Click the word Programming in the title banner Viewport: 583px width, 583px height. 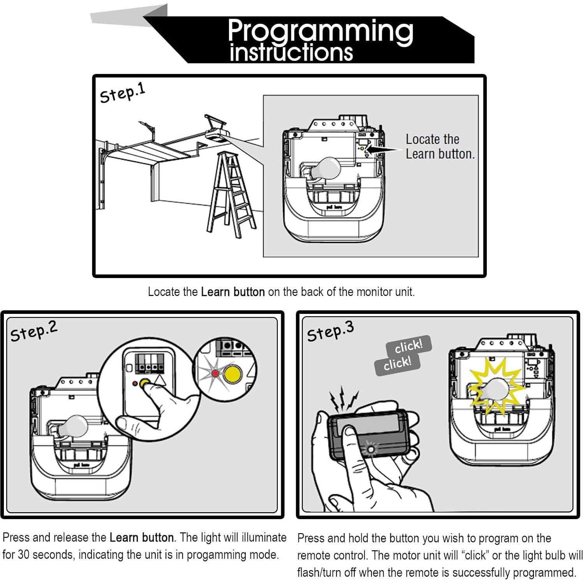point(320,31)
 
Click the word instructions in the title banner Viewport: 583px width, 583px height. point(291,53)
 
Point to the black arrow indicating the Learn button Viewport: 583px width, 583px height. point(384,149)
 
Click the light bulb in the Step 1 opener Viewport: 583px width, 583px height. point(326,168)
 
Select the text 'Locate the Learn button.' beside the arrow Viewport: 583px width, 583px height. point(439,146)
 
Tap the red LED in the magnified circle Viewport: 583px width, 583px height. point(215,373)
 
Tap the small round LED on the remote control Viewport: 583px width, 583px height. point(370,449)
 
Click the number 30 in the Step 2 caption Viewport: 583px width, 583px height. point(24,554)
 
